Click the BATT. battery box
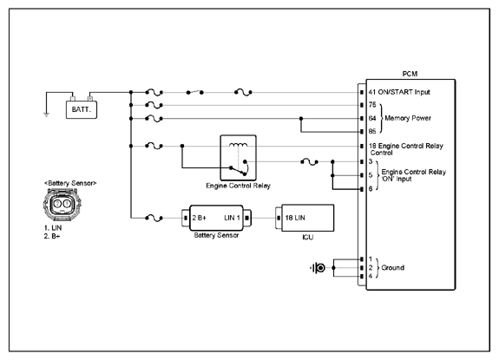pos(82,109)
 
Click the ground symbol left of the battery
pos(47,115)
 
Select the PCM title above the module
pos(410,74)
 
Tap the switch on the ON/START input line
pos(194,92)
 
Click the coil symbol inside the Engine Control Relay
pos(238,145)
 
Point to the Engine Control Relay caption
pos(238,186)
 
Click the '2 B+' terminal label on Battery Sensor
pos(200,218)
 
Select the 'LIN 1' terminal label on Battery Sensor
pos(232,218)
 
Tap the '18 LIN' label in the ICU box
pos(295,218)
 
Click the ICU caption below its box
pos(308,237)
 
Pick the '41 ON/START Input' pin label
pos(399,92)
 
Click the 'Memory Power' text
pos(408,118)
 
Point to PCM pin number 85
pos(372,131)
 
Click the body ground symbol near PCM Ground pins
pos(318,268)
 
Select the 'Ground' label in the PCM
pos(393,268)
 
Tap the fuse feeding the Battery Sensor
pos(154,218)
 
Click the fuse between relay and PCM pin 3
pos(309,162)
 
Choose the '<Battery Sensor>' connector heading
pos(70,183)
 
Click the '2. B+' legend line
pos(52,236)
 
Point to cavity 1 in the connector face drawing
pos(67,204)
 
